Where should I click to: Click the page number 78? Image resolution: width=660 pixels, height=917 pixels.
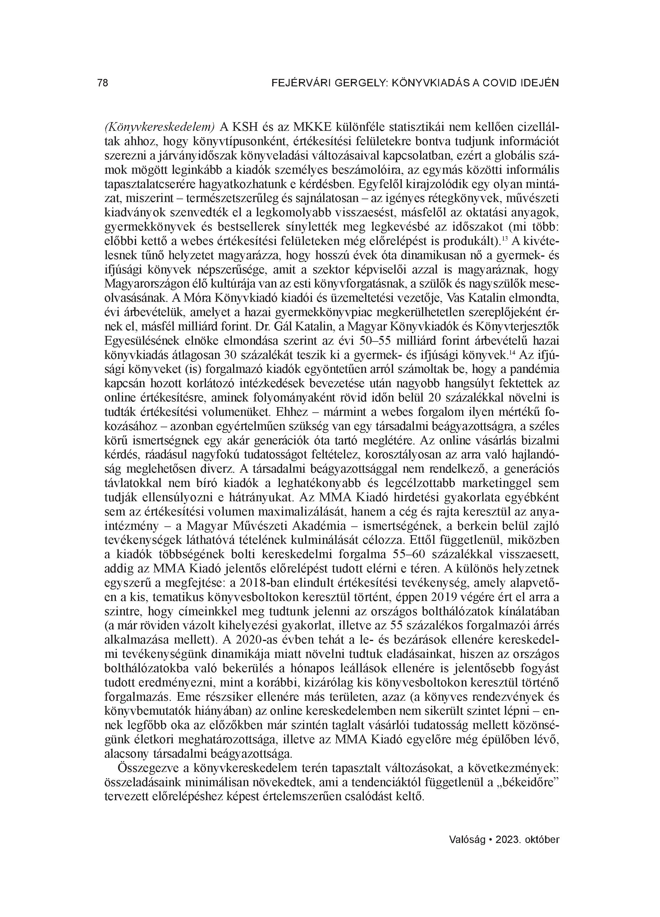point(103,83)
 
